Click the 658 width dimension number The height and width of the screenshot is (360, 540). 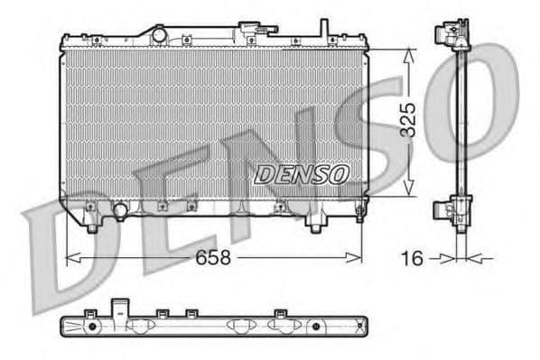[x=214, y=258]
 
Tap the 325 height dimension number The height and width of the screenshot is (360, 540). [x=408, y=120]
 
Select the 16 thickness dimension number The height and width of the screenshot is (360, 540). [x=412, y=260]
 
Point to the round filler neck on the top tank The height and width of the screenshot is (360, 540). [x=159, y=34]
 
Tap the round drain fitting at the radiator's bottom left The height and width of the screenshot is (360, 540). [x=118, y=211]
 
